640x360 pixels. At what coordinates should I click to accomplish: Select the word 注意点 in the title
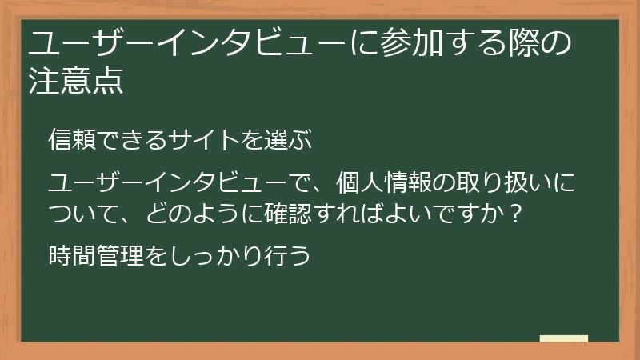(x=76, y=81)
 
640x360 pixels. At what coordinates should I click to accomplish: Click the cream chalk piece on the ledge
(x=563, y=338)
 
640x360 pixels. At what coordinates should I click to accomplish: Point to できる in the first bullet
(x=137, y=140)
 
